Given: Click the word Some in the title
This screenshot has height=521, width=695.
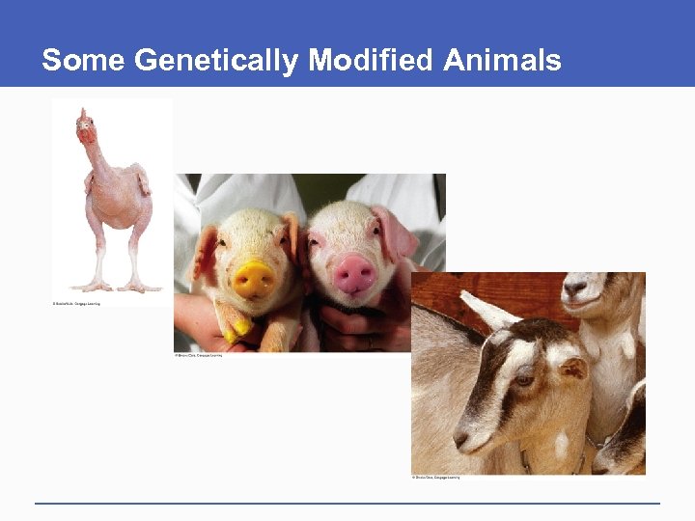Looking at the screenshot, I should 84,61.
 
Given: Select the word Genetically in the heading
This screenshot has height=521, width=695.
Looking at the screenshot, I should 217,61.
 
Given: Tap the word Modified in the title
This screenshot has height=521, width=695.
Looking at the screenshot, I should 371,61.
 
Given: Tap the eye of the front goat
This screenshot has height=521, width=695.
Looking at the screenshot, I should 524,380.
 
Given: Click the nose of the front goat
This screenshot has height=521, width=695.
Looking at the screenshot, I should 462,440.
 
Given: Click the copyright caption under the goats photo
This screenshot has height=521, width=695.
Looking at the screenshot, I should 436,478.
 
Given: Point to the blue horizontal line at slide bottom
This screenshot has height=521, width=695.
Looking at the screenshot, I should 347,503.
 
